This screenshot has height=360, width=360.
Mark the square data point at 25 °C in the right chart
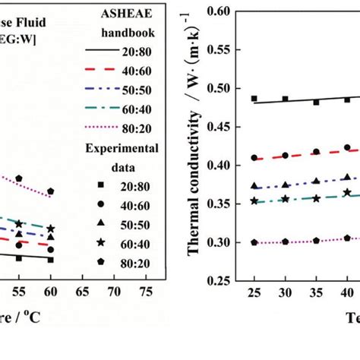(254, 99)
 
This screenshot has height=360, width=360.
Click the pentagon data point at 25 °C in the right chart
(254, 242)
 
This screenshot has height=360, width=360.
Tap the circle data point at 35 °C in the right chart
(316, 152)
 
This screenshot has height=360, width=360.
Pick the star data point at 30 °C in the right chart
(285, 199)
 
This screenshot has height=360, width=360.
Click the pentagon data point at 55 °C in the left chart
(19, 178)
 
